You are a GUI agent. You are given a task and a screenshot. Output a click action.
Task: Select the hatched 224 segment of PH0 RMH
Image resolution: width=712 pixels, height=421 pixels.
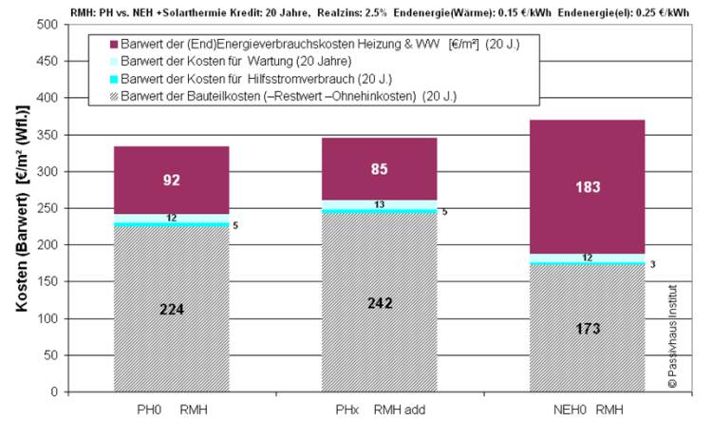click(172, 309)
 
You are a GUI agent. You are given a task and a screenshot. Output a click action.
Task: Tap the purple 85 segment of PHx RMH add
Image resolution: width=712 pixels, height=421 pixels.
click(380, 169)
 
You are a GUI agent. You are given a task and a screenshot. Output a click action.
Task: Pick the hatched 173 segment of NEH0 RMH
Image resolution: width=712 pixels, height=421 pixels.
click(587, 328)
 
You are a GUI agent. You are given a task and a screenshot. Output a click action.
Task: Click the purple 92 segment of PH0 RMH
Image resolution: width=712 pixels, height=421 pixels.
click(172, 180)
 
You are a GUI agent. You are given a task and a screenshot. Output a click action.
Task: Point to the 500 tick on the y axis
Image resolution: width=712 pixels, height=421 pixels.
click(47, 24)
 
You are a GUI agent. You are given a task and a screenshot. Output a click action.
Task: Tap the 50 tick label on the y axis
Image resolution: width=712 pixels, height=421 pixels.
click(49, 355)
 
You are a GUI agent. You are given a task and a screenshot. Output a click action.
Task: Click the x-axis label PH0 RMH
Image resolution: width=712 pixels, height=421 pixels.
click(172, 411)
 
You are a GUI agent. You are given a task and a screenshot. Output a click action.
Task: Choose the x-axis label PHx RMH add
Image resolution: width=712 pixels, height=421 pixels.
click(380, 411)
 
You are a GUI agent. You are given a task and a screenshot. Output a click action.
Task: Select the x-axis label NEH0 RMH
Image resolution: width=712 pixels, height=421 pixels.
click(587, 411)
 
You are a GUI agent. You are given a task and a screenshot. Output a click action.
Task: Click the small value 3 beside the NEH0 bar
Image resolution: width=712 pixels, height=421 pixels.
click(652, 263)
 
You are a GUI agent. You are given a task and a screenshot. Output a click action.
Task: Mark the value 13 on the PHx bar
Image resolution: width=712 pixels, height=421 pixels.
click(380, 204)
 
